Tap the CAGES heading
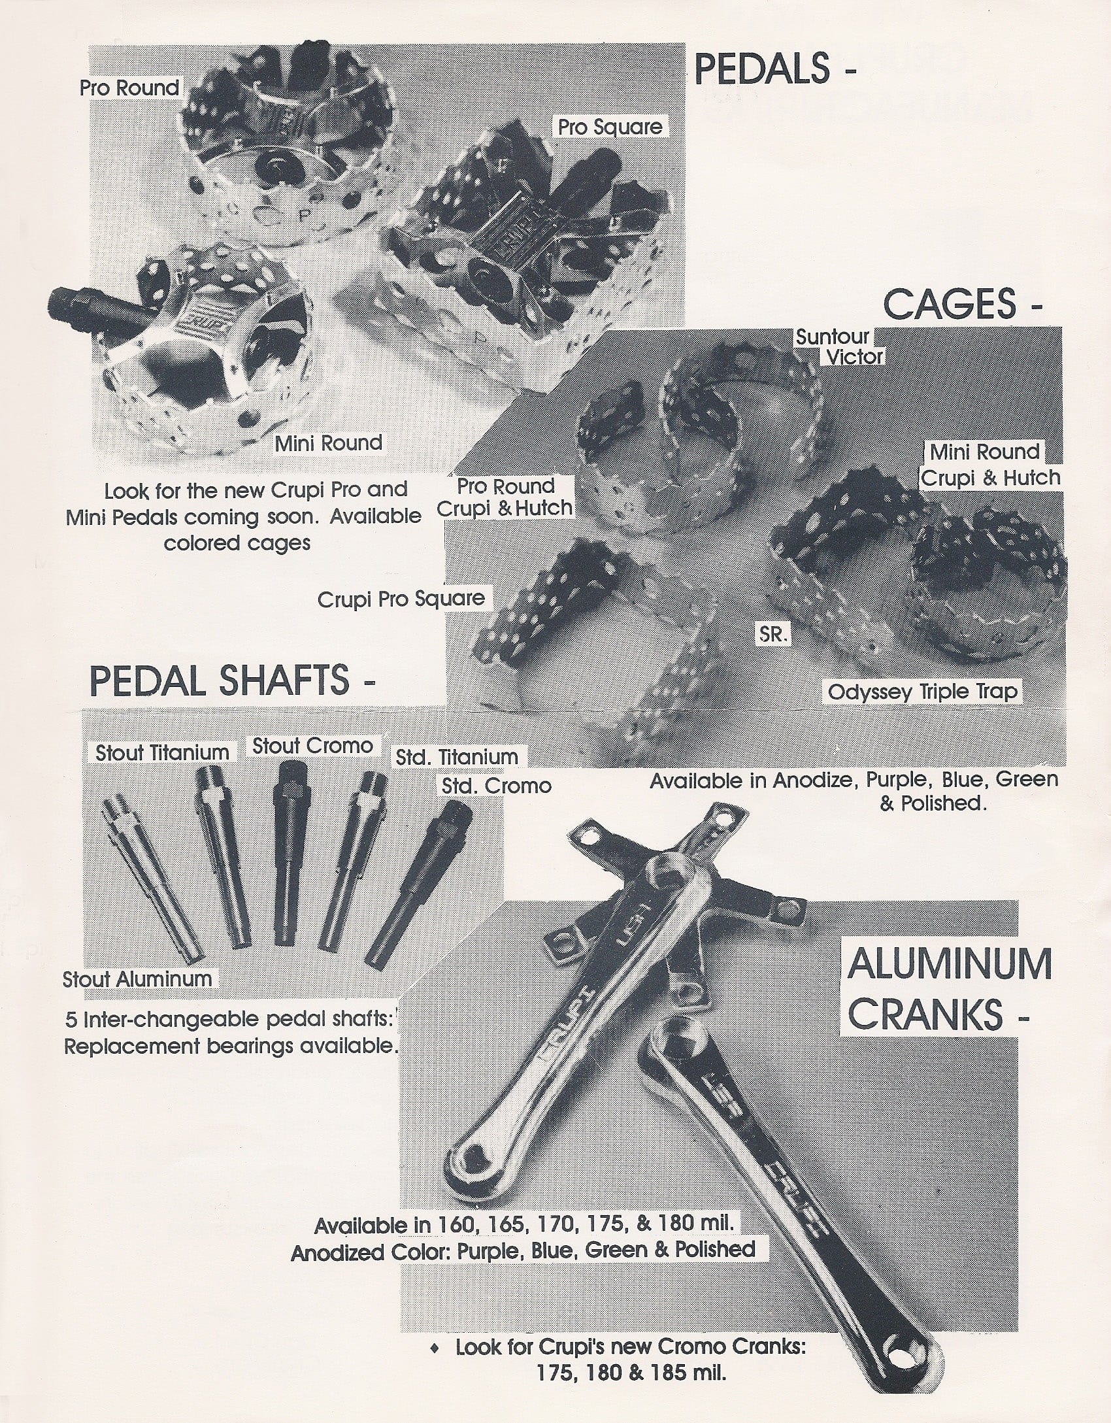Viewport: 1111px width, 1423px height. tap(951, 305)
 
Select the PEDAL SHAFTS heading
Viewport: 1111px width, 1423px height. tap(220, 680)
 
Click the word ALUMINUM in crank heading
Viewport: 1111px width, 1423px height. tap(950, 964)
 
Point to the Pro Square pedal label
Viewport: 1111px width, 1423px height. tap(610, 127)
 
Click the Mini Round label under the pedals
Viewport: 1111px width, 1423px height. tap(328, 443)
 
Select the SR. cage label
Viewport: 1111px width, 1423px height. tap(772, 634)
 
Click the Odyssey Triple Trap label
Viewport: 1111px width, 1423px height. tap(922, 692)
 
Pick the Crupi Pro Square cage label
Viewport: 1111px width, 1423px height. tap(401, 599)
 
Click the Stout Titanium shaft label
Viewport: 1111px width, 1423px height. tap(162, 752)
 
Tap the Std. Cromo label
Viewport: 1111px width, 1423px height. tap(496, 785)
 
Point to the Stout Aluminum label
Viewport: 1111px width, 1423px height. tap(137, 979)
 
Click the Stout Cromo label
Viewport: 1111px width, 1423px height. tap(312, 746)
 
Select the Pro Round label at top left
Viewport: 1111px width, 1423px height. tap(129, 88)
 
